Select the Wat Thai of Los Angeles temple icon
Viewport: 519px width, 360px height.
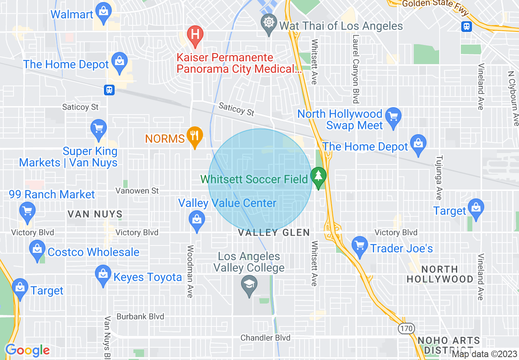(268, 22)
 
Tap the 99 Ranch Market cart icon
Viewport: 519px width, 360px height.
(27, 211)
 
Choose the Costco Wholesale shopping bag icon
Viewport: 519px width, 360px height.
(37, 248)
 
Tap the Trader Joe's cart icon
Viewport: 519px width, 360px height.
(360, 245)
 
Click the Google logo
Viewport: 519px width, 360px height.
(27, 350)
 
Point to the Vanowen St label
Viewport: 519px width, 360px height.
(137, 191)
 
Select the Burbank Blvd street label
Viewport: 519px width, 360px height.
(140, 316)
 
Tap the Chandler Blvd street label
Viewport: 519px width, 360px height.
(265, 337)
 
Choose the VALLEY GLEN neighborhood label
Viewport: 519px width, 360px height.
(274, 233)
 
